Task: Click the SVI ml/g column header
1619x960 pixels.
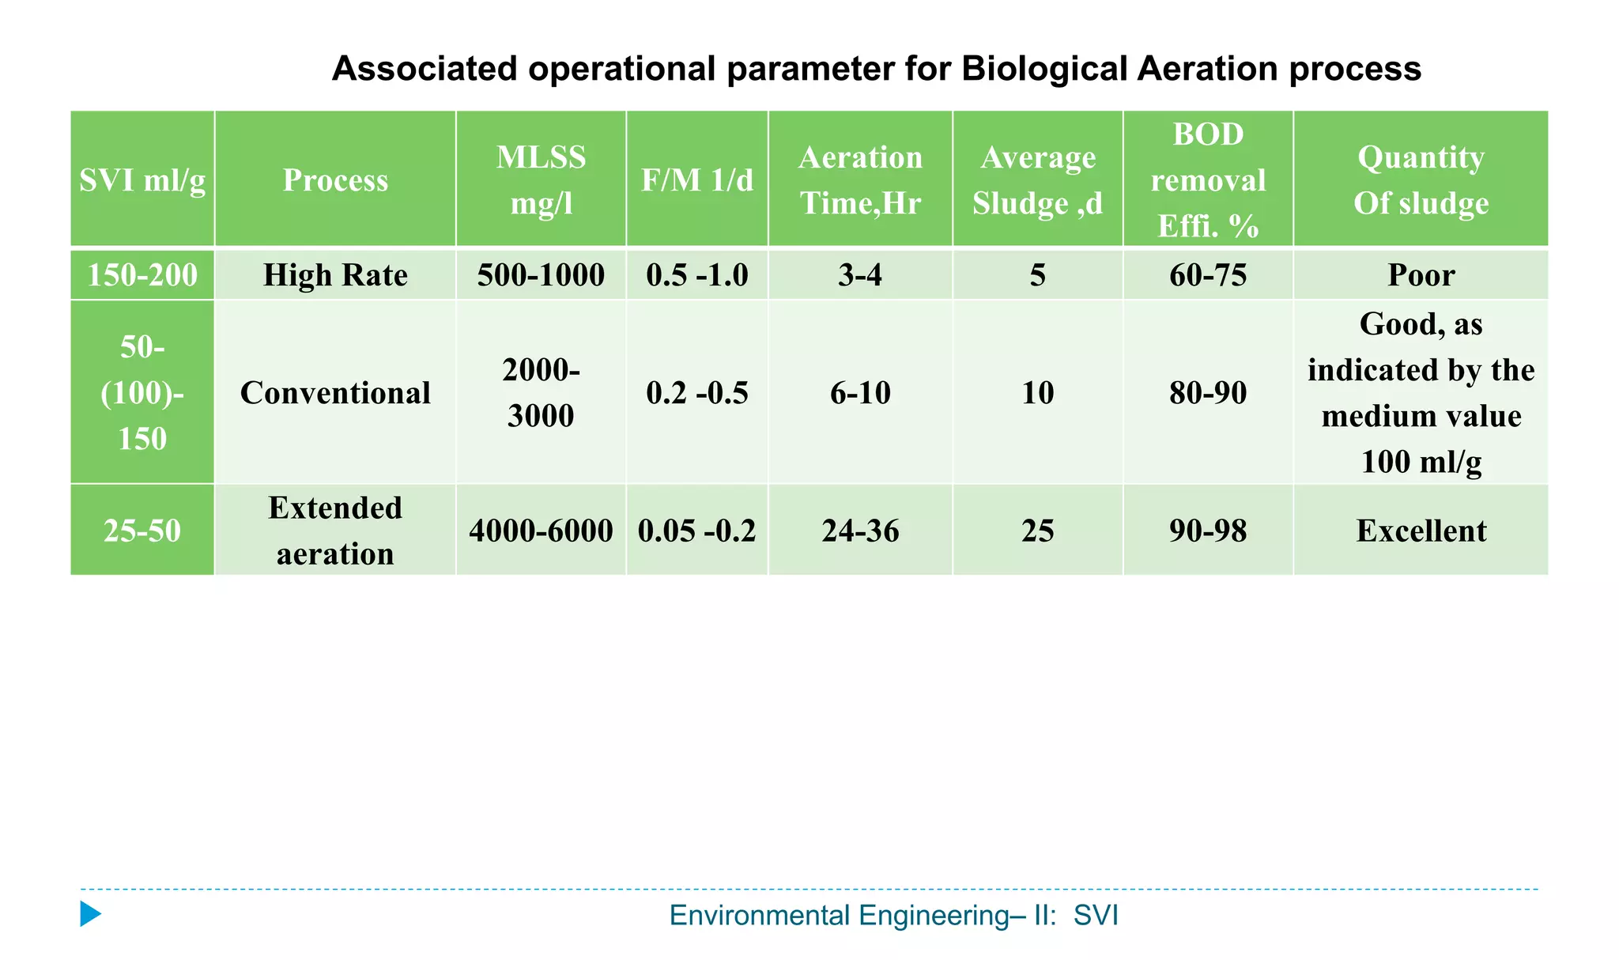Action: pos(142,180)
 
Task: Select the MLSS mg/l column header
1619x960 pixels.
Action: pos(541,180)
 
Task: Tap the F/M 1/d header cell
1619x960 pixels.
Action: pos(696,180)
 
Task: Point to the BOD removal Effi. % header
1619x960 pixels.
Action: pos(1207,180)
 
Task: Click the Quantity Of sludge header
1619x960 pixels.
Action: pos(1421,180)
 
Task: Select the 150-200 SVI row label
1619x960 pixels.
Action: pos(142,275)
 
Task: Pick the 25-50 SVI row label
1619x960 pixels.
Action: pos(142,531)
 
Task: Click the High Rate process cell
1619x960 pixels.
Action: pos(335,275)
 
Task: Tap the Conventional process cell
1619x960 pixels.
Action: pos(335,393)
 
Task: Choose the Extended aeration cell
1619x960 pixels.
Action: pos(335,531)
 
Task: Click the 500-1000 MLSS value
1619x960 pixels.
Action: pos(541,275)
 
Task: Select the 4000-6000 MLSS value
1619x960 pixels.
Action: pos(541,531)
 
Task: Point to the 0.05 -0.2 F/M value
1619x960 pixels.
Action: pos(696,531)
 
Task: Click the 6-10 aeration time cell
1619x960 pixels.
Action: pos(860,393)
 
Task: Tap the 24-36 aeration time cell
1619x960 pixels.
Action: pos(860,531)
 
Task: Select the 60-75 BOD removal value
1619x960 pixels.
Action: pos(1207,275)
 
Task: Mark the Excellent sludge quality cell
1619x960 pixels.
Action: pos(1421,531)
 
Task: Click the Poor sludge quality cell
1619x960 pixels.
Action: pos(1421,275)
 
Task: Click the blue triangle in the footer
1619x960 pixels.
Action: pos(89,914)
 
